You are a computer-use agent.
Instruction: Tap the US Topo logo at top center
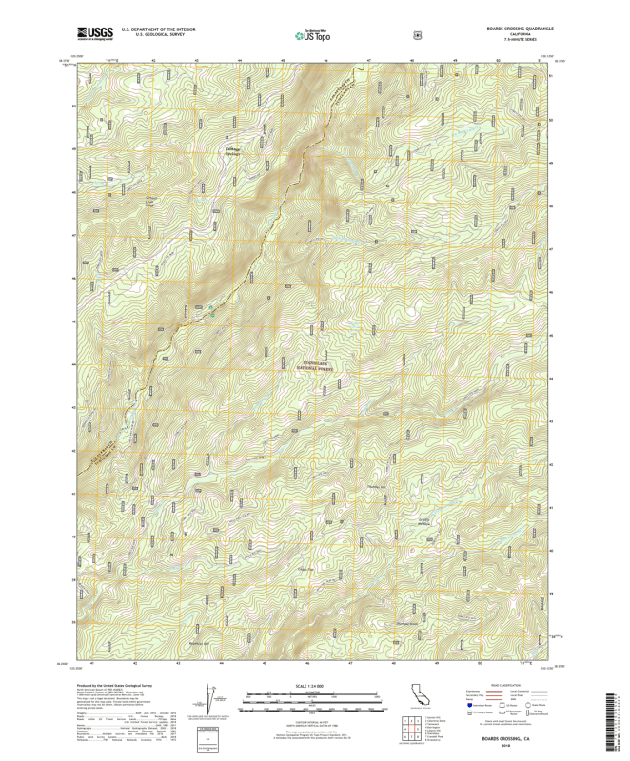313,35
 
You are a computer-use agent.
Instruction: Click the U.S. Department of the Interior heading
158,29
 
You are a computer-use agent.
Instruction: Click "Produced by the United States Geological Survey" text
113,684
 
